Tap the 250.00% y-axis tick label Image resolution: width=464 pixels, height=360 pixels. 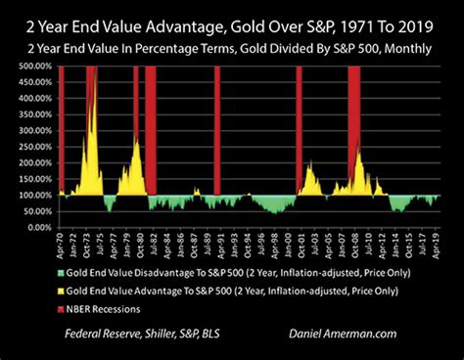point(34,147)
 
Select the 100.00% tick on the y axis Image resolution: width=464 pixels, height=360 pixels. point(34,195)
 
